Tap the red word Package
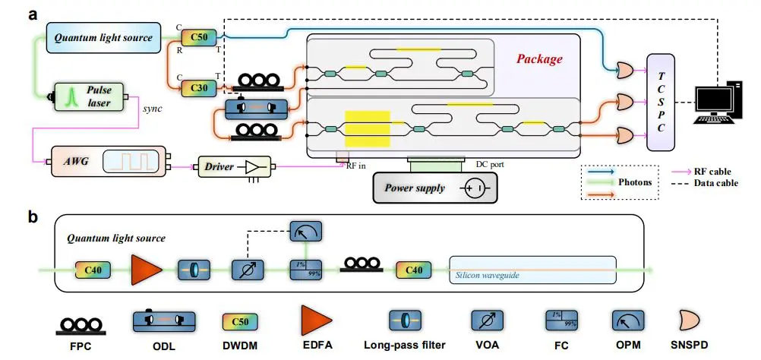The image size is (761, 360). point(539,58)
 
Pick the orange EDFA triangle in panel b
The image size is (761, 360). point(145,270)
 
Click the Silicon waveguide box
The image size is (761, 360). point(532,270)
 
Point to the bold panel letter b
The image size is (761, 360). point(32,217)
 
